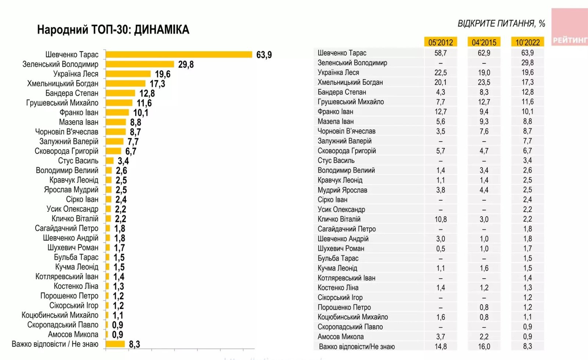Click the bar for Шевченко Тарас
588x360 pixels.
click(179, 54)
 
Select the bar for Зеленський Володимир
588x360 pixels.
click(140, 64)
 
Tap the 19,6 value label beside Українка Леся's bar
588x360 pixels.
click(162, 74)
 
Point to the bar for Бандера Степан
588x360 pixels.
click(121, 93)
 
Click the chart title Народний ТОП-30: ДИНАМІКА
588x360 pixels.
click(113, 30)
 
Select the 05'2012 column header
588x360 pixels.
click(440, 42)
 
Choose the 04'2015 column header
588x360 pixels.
click(484, 42)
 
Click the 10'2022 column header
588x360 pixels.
click(527, 42)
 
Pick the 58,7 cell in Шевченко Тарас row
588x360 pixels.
click(440, 53)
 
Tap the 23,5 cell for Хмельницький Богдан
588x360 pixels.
click(484, 82)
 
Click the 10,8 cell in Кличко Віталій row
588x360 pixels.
click(440, 220)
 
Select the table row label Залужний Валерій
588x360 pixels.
click(344, 141)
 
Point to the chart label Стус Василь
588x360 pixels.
click(78, 161)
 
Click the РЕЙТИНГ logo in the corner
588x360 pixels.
click(570, 40)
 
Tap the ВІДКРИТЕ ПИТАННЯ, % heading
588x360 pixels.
click(501, 24)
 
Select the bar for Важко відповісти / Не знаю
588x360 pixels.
click(115, 344)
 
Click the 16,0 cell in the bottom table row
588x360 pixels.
click(484, 346)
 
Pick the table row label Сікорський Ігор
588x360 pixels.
click(340, 297)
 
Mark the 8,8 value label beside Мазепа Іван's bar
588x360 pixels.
click(136, 122)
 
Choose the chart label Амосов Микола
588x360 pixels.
click(73, 335)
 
